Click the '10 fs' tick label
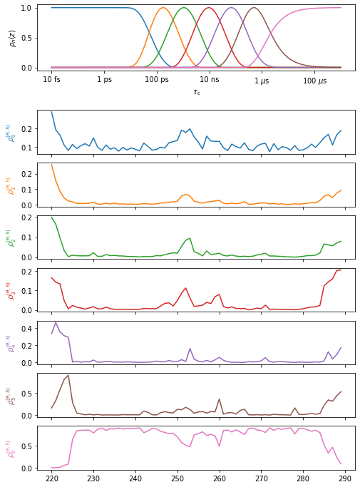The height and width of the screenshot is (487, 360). tap(51, 81)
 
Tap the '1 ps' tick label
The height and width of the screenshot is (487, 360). tap(104, 81)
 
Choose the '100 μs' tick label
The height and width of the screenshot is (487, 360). tap(314, 81)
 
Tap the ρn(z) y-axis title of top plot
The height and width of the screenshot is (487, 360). tap(13, 38)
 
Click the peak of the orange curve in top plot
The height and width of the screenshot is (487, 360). tap(163, 8)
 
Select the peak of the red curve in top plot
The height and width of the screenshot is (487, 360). tap(209, 8)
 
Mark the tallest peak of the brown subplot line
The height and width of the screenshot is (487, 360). tap(68, 375)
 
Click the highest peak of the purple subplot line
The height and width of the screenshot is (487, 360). tap(56, 322)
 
